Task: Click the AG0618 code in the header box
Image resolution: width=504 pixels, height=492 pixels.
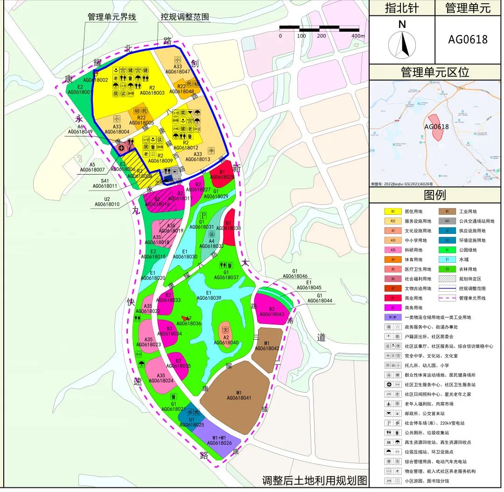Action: click(x=468, y=40)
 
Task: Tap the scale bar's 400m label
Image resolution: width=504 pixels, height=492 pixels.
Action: click(x=358, y=36)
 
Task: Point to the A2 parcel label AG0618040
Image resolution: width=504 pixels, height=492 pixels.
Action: click(x=226, y=343)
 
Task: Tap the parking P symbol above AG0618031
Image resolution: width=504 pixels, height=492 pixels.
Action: click(x=203, y=215)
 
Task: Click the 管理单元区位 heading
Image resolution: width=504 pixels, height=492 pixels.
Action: click(x=434, y=72)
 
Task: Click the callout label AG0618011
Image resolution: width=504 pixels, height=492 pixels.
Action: click(x=105, y=186)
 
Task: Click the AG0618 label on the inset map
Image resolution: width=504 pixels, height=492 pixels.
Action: click(x=436, y=127)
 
